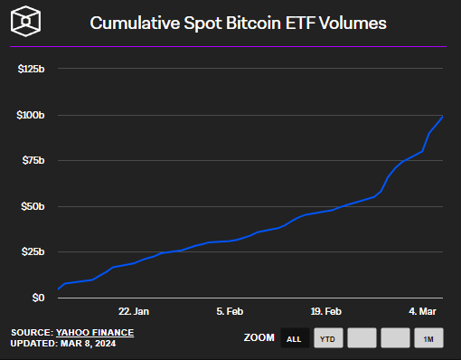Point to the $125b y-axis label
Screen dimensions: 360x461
[32, 69]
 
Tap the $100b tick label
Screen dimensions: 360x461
[32, 115]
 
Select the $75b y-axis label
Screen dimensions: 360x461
[34, 161]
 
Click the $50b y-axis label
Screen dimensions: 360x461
[34, 206]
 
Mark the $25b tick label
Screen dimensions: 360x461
[34, 252]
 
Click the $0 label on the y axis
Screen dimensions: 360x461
[38, 298]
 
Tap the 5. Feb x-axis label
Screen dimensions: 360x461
[230, 311]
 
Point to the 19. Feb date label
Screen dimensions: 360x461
[325, 311]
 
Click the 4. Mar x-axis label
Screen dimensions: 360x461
[421, 311]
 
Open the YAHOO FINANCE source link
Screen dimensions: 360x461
[94, 332]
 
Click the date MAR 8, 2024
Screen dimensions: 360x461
[92, 344]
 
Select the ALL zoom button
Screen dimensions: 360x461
[294, 338]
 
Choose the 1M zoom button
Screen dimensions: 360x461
[428, 338]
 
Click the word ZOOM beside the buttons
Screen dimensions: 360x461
[259, 338]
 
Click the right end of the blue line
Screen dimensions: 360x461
[442, 117]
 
